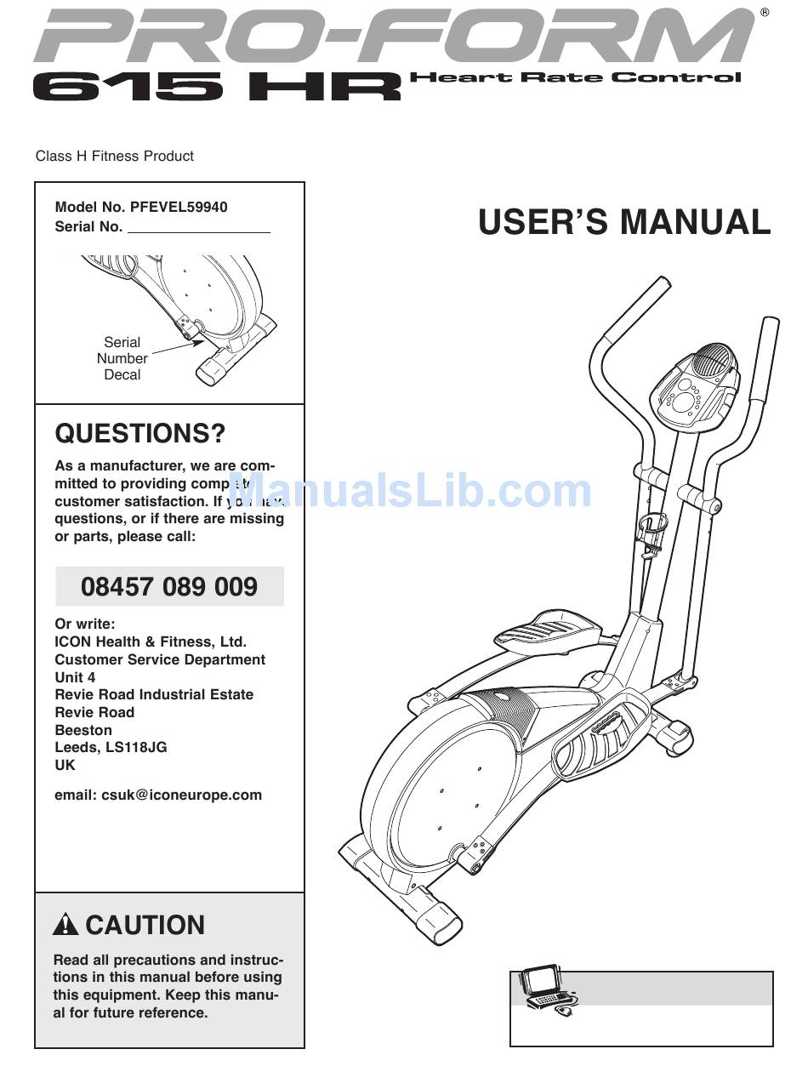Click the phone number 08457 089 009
click(169, 587)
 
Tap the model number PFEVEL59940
click(179, 207)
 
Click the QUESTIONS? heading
click(140, 434)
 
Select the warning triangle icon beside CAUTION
click(65, 925)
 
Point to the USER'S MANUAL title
click(624, 222)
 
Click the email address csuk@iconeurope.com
click(181, 795)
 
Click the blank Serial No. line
click(199, 227)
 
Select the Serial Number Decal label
click(122, 358)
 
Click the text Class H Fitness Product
click(114, 156)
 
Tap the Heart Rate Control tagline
click(576, 77)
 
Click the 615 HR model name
click(217, 87)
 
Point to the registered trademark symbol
click(765, 13)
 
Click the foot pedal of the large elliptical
click(542, 630)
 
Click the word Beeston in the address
click(83, 730)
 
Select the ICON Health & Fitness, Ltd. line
click(151, 641)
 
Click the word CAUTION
click(145, 925)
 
